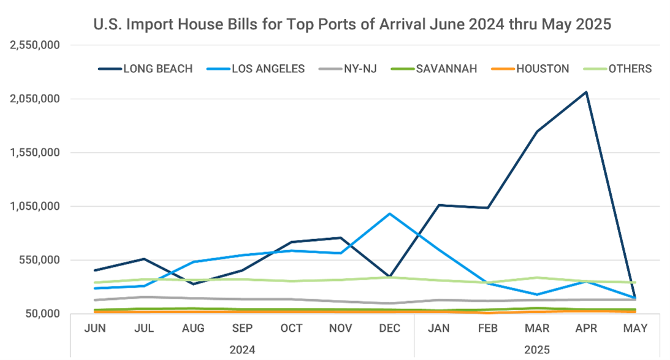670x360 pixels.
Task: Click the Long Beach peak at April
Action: pyautogui.click(x=587, y=93)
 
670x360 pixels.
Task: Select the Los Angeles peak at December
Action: pyautogui.click(x=390, y=214)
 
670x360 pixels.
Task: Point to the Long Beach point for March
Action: pyautogui.click(x=537, y=132)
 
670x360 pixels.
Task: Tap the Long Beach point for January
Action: pyautogui.click(x=439, y=205)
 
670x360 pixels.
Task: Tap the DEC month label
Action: pyautogui.click(x=390, y=329)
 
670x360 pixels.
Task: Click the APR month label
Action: pyautogui.click(x=587, y=329)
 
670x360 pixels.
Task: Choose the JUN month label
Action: pyautogui.click(x=95, y=329)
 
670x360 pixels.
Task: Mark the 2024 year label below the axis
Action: pyautogui.click(x=242, y=350)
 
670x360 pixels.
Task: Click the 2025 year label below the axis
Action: pyautogui.click(x=537, y=350)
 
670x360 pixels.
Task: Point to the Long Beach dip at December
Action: pyautogui.click(x=390, y=277)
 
